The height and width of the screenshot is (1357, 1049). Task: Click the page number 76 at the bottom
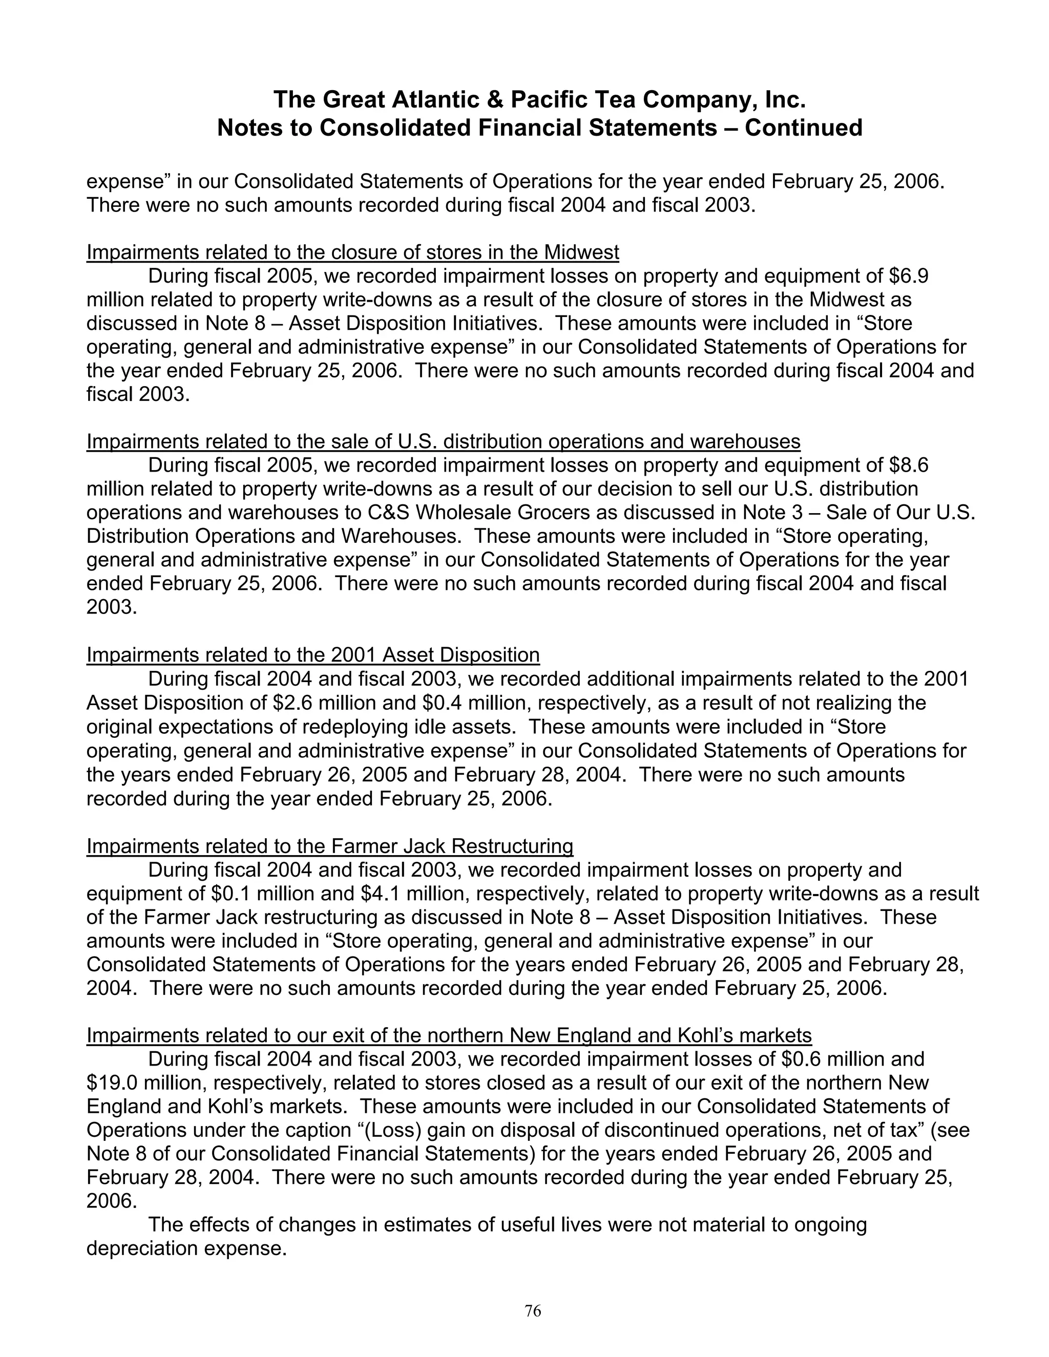pos(533,1311)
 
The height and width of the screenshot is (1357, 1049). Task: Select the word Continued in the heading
pos(804,128)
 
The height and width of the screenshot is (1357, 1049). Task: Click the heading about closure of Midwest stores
pos(352,252)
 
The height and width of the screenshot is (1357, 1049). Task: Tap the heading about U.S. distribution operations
pos(443,442)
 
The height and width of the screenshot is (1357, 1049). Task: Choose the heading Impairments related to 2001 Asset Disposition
pos(312,655)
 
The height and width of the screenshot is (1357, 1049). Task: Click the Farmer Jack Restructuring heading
pos(329,846)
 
